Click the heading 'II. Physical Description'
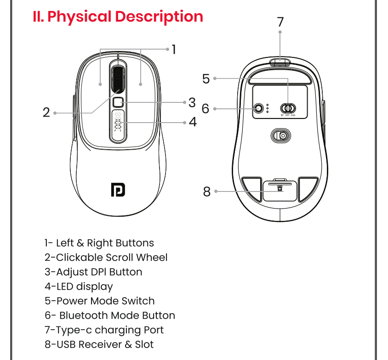click(118, 17)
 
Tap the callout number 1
click(174, 49)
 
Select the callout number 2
click(46, 112)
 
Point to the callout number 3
click(192, 102)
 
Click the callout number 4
click(192, 122)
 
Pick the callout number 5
click(206, 79)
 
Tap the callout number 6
click(205, 109)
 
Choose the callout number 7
click(280, 22)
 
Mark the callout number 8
click(206, 191)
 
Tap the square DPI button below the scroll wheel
click(118, 102)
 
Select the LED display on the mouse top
click(118, 122)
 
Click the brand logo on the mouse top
click(118, 190)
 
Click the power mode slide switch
click(288, 108)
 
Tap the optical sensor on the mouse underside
click(280, 136)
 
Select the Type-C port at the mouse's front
click(280, 62)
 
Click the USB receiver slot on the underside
click(280, 189)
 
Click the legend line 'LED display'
click(79, 287)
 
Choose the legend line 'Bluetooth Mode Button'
click(110, 315)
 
